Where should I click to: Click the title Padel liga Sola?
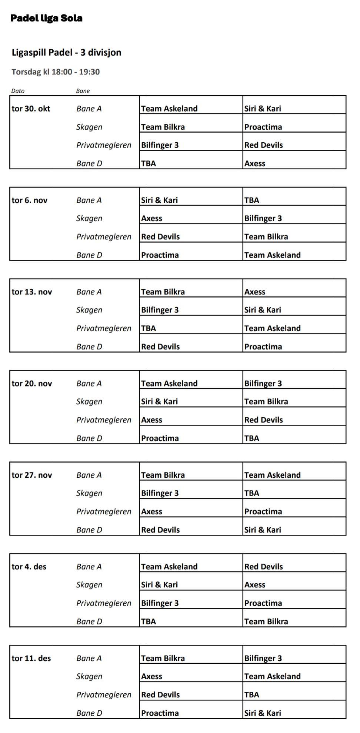tap(46, 18)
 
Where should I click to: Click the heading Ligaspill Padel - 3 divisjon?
tap(66, 52)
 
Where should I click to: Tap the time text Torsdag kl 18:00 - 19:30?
tap(56, 72)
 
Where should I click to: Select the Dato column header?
tap(18, 91)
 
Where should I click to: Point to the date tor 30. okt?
tap(31, 109)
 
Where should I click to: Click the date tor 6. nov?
tap(30, 200)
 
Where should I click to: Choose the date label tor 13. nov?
tap(32, 292)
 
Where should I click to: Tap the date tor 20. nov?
tap(32, 384)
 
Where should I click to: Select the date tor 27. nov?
tap(32, 475)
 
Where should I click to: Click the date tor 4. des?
tap(29, 567)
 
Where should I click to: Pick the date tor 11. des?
tap(31, 658)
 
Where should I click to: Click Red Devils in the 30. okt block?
tap(263, 145)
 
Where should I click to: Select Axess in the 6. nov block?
tap(151, 219)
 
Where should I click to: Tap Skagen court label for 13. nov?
tap(89, 310)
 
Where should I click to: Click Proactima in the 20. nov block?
tap(160, 438)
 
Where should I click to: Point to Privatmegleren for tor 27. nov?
tap(104, 512)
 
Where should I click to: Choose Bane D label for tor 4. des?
tap(89, 621)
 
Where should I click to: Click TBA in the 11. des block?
tap(251, 695)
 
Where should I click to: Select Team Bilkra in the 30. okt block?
tap(163, 127)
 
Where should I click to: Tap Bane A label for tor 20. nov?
tap(89, 384)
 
